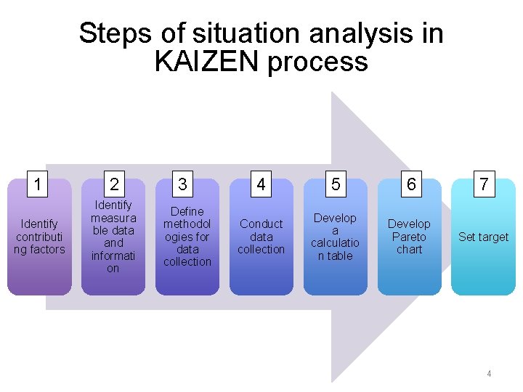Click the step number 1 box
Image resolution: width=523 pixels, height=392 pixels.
click(x=36, y=184)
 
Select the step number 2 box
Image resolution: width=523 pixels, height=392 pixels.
click(x=113, y=184)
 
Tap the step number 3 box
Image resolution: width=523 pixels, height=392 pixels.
click(x=182, y=184)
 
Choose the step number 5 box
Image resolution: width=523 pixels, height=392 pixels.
click(x=335, y=184)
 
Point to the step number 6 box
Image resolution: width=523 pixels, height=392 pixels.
click(x=411, y=184)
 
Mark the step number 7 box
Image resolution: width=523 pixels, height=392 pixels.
click(x=483, y=184)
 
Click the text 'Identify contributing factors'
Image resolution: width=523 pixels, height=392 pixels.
click(x=40, y=237)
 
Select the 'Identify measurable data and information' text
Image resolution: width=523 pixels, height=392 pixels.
click(x=113, y=237)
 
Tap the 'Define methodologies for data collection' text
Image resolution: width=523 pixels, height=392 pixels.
click(x=187, y=237)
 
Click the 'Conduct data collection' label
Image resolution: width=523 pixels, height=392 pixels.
click(x=261, y=237)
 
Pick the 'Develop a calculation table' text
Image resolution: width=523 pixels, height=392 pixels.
click(x=335, y=237)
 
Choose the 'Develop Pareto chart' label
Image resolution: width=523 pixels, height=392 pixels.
click(x=409, y=237)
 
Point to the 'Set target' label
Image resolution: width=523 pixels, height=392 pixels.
click(x=483, y=237)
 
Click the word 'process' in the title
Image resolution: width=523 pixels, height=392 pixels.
click(x=317, y=63)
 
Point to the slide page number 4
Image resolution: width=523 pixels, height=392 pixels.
click(x=489, y=374)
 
